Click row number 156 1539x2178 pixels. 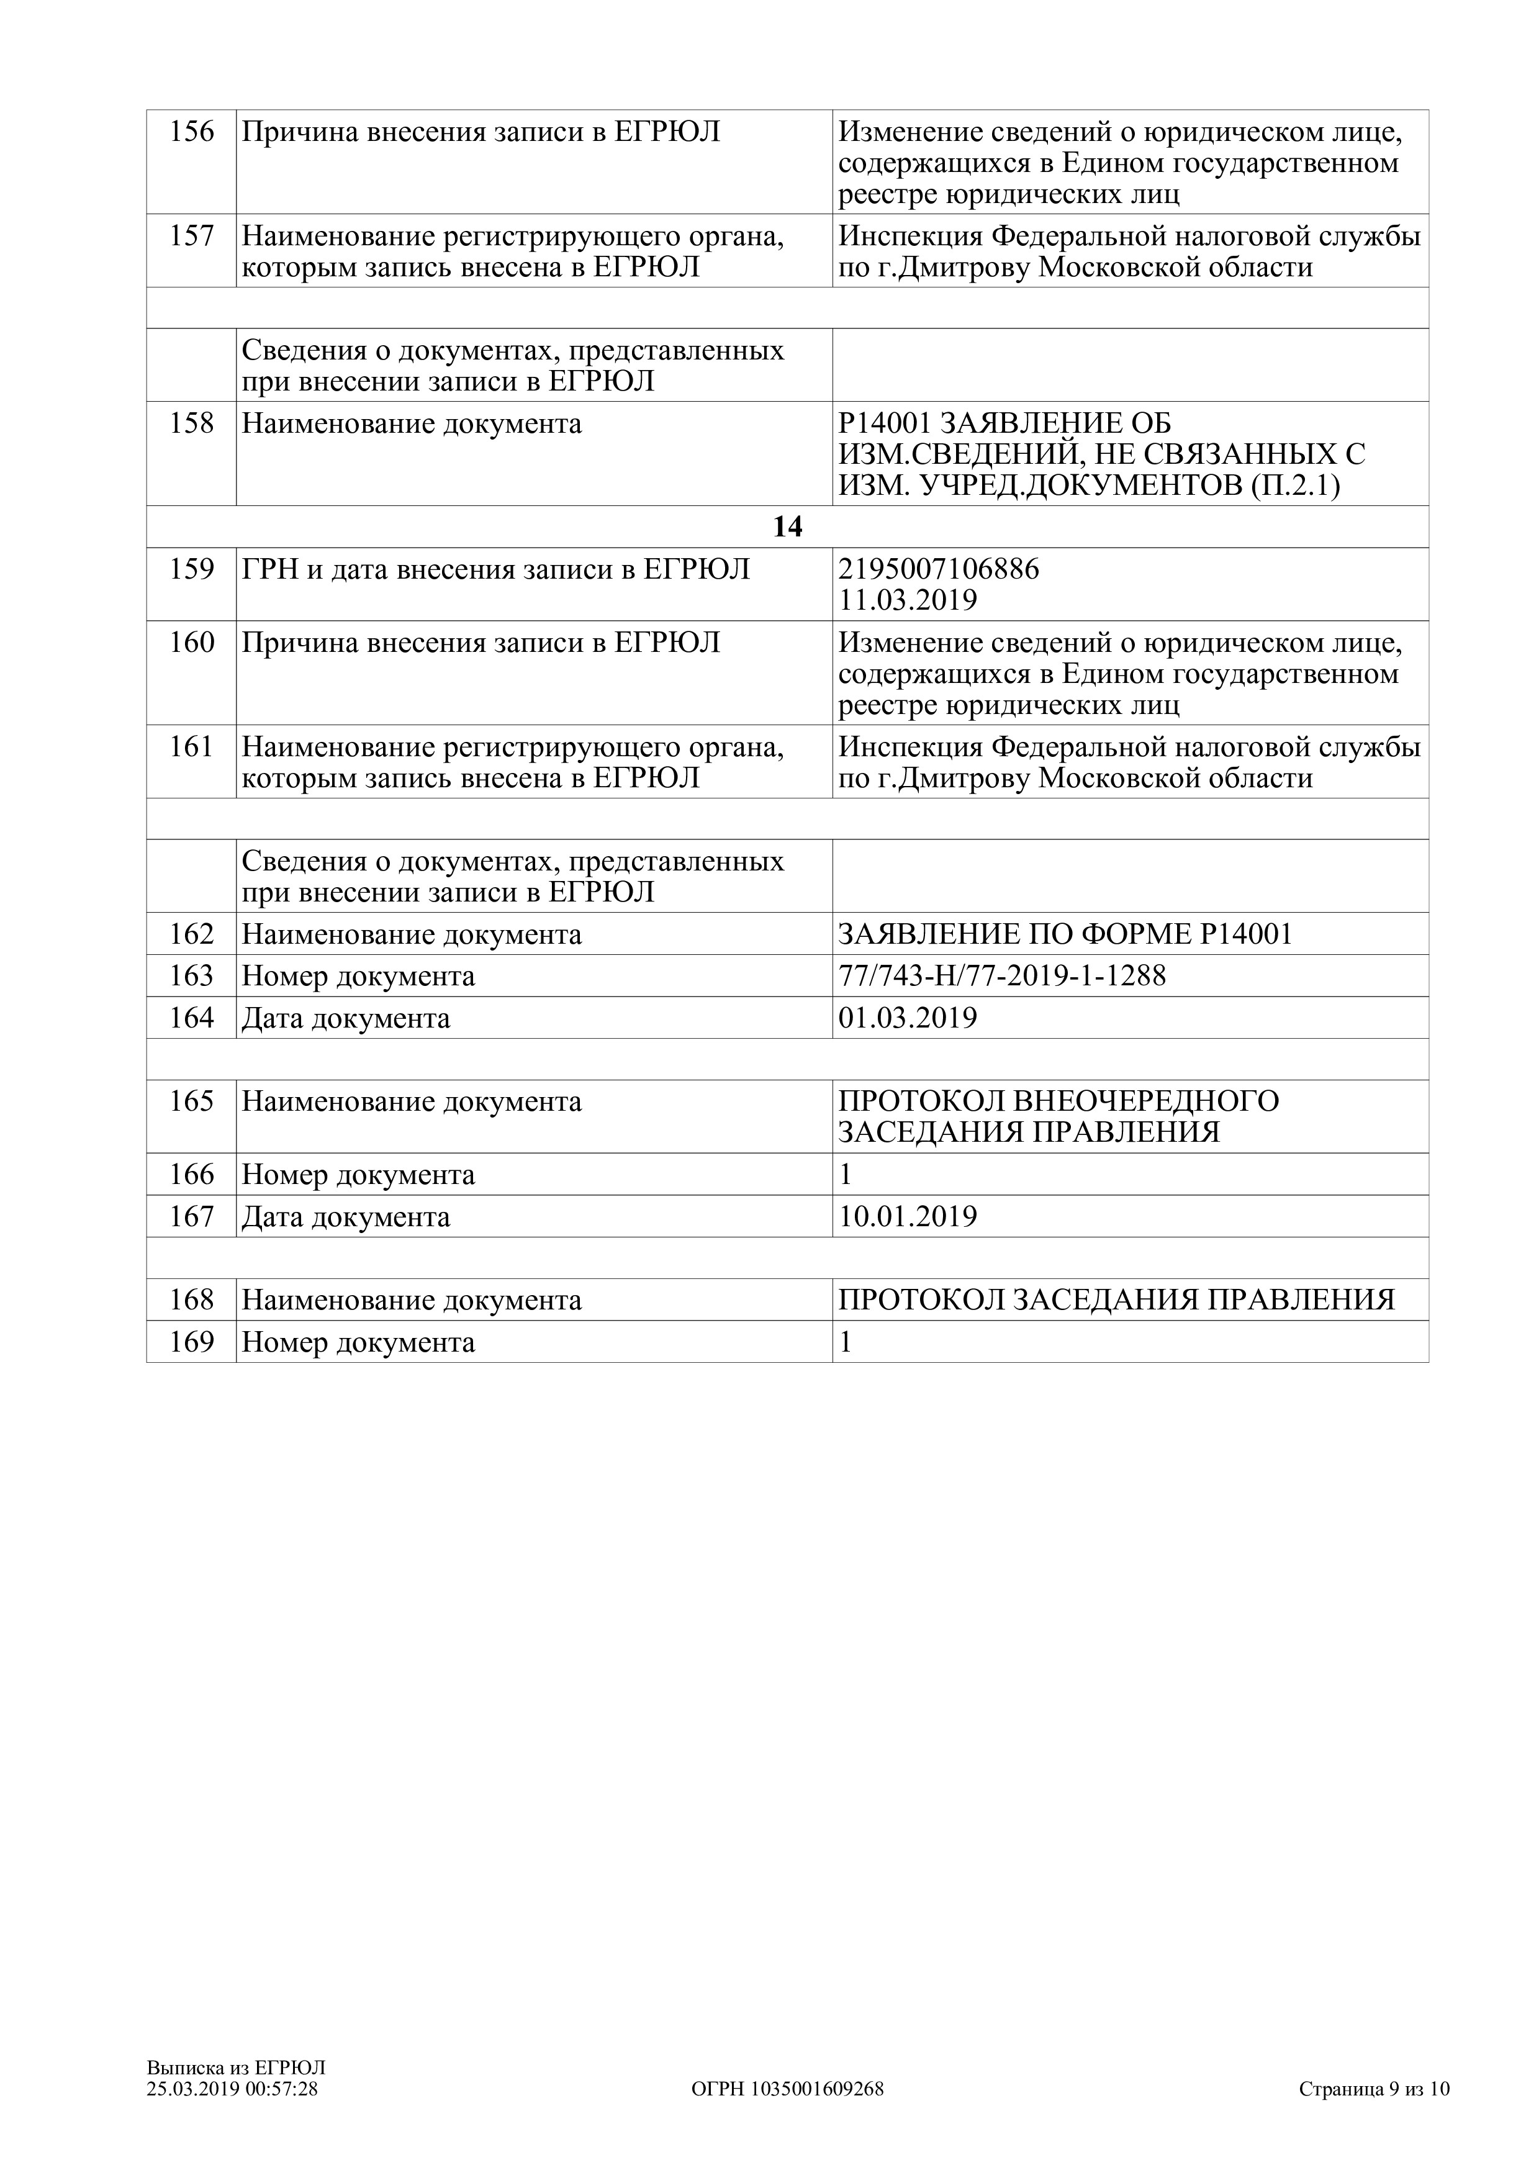coord(192,132)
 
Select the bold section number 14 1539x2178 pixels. coord(787,526)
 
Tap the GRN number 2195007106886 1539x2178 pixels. coord(939,569)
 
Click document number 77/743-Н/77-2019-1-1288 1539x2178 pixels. coord(1001,975)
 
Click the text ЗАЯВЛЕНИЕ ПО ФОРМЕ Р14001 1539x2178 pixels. coord(1065,934)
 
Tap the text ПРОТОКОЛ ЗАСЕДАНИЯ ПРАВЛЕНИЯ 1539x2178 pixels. coord(1116,1299)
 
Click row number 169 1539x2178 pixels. coord(192,1342)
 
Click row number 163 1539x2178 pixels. coord(192,976)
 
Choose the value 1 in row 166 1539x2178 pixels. coord(846,1175)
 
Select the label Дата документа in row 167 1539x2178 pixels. coord(346,1217)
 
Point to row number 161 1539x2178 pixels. coord(192,748)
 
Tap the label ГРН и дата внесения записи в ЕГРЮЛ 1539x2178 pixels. coord(496,569)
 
